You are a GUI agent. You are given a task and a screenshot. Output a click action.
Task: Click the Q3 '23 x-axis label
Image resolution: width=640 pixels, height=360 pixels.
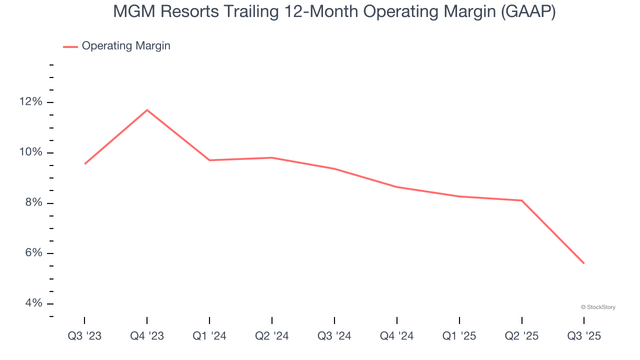84,336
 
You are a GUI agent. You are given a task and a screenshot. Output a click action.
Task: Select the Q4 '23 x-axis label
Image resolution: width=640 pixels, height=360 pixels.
147,336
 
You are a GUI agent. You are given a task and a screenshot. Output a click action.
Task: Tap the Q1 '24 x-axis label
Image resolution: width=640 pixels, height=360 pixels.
209,336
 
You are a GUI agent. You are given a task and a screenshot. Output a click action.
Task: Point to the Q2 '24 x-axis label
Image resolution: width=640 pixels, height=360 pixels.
272,336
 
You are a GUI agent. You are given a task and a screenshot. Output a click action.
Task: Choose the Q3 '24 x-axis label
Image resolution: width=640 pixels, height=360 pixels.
334,336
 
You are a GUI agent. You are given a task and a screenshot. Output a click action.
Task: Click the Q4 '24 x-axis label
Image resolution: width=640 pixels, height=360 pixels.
397,336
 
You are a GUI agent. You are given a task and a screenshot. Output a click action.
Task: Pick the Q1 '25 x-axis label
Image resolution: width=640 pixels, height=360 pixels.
459,336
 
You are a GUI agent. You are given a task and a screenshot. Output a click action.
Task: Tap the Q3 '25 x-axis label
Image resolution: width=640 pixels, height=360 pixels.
584,336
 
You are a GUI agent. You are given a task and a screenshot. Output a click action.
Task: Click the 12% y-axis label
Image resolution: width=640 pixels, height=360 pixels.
30,102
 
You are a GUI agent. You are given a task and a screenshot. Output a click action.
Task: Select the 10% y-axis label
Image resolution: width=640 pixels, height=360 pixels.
30,152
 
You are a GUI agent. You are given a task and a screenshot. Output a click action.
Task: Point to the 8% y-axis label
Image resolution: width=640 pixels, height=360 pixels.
33,203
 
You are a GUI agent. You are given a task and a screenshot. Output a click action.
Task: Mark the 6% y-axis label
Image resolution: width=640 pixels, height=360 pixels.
33,253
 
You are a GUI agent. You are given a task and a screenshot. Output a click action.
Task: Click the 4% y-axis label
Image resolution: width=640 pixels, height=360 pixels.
33,303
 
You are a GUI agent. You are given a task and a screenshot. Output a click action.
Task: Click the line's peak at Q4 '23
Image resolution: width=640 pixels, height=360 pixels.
147,110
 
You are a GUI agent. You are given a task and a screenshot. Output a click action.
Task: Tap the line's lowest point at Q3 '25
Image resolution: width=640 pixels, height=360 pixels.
583,263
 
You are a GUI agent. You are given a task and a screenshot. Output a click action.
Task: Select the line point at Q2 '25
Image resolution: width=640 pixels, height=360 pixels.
521,200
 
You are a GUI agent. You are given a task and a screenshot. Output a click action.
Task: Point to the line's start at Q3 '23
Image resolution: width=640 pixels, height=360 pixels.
85,163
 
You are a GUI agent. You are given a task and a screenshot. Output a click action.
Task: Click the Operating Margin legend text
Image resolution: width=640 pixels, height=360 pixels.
126,46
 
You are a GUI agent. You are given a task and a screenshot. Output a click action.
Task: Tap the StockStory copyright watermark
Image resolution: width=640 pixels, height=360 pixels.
598,307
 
